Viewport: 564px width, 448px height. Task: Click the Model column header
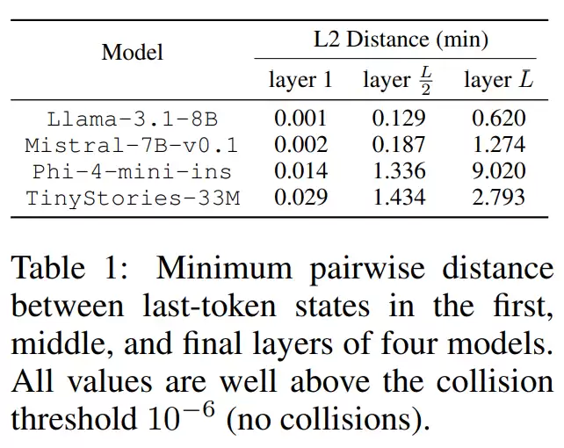132,52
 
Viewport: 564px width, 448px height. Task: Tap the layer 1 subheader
300,81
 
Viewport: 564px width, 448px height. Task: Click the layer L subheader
498,81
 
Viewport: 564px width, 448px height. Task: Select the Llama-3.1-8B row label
133,119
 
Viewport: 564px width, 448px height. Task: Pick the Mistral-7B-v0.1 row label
132,145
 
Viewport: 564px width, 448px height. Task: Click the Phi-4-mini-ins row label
133,171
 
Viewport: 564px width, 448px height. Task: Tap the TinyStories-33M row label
133,198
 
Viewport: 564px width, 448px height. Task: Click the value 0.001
300,119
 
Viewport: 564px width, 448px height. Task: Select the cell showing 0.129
400,119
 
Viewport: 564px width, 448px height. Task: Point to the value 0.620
499,119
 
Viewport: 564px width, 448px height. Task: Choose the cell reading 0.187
400,145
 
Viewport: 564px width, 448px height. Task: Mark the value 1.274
499,145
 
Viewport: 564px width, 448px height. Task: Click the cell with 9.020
499,171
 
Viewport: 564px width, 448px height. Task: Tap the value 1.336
400,171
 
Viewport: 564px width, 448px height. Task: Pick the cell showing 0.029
300,198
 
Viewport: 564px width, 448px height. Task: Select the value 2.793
499,198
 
